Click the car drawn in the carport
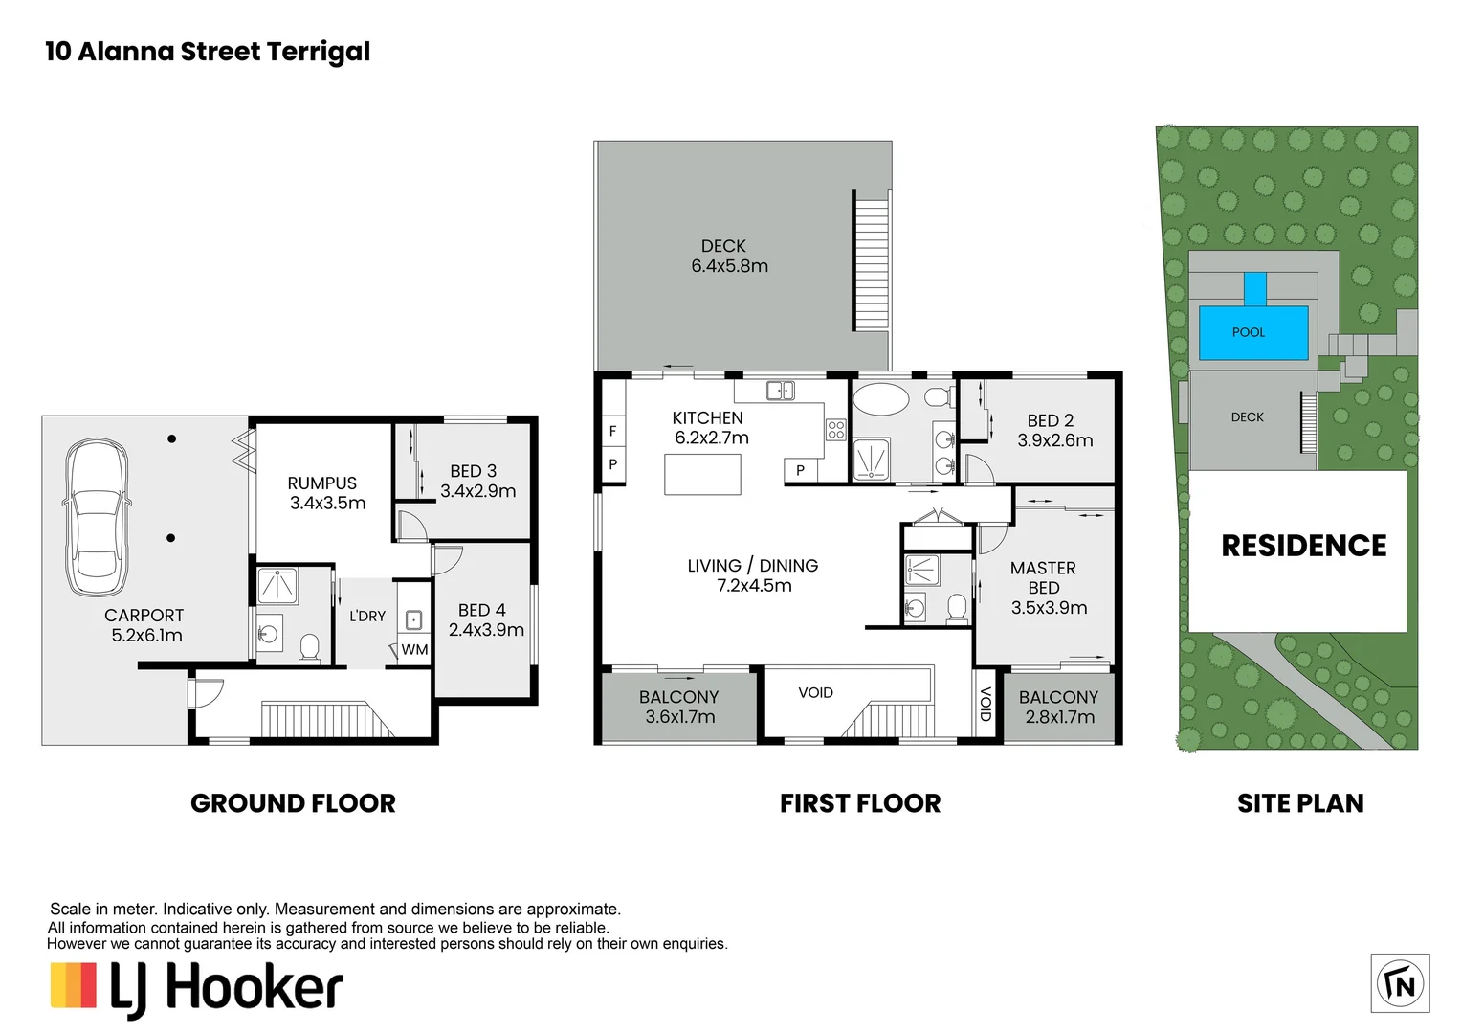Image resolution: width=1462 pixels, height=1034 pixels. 96,517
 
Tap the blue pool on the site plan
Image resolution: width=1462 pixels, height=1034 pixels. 1253,331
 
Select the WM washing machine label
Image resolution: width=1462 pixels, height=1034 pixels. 414,650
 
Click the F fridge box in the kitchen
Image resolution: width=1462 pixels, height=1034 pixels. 612,431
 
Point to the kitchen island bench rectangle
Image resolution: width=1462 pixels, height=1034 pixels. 702,474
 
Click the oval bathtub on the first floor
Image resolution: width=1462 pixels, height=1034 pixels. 880,399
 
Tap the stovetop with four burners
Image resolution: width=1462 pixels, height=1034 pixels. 835,430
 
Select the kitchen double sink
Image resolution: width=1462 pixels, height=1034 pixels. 781,391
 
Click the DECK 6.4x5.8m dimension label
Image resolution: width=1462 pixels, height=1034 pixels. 729,257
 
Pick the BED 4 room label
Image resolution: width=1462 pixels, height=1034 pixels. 485,619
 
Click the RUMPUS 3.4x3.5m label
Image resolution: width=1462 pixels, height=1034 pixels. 327,493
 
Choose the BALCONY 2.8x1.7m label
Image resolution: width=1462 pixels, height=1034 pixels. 1058,707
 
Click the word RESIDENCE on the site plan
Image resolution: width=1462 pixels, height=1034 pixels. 1303,546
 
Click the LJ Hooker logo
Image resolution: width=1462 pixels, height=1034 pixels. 196,987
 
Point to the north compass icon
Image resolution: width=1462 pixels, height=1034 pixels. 1400,983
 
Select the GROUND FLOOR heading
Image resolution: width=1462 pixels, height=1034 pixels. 293,803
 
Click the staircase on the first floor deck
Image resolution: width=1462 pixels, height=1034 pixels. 871,260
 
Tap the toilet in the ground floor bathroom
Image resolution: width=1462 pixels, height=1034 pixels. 309,648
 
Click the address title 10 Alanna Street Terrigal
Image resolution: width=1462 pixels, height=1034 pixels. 208,52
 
